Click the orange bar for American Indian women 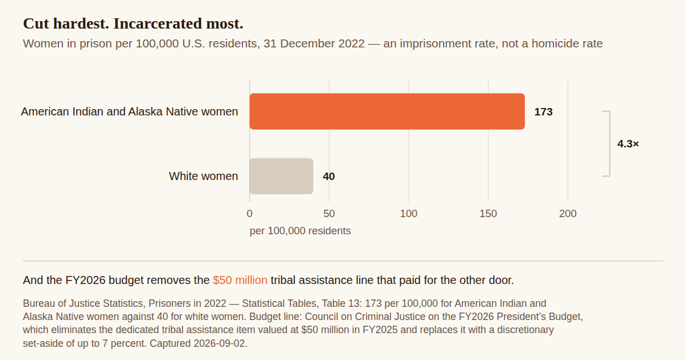pyautogui.click(x=387, y=111)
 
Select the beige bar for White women pyautogui.click(x=281, y=176)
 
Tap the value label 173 pyautogui.click(x=543, y=112)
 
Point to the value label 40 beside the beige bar pyautogui.click(x=329, y=177)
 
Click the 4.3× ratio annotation pyautogui.click(x=628, y=143)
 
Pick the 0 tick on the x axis pyautogui.click(x=250, y=213)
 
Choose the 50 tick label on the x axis pyautogui.click(x=329, y=213)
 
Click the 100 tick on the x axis pyautogui.click(x=409, y=213)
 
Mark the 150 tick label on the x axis pyautogui.click(x=488, y=213)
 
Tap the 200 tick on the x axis pyautogui.click(x=568, y=213)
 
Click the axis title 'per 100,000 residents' pyautogui.click(x=300, y=230)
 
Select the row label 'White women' pyautogui.click(x=204, y=176)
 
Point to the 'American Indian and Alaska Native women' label pyautogui.click(x=129, y=111)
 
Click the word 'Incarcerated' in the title pyautogui.click(x=158, y=23)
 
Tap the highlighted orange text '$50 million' pyautogui.click(x=240, y=280)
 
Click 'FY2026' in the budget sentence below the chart pyautogui.click(x=85, y=280)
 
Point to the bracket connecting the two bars pyautogui.click(x=610, y=144)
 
